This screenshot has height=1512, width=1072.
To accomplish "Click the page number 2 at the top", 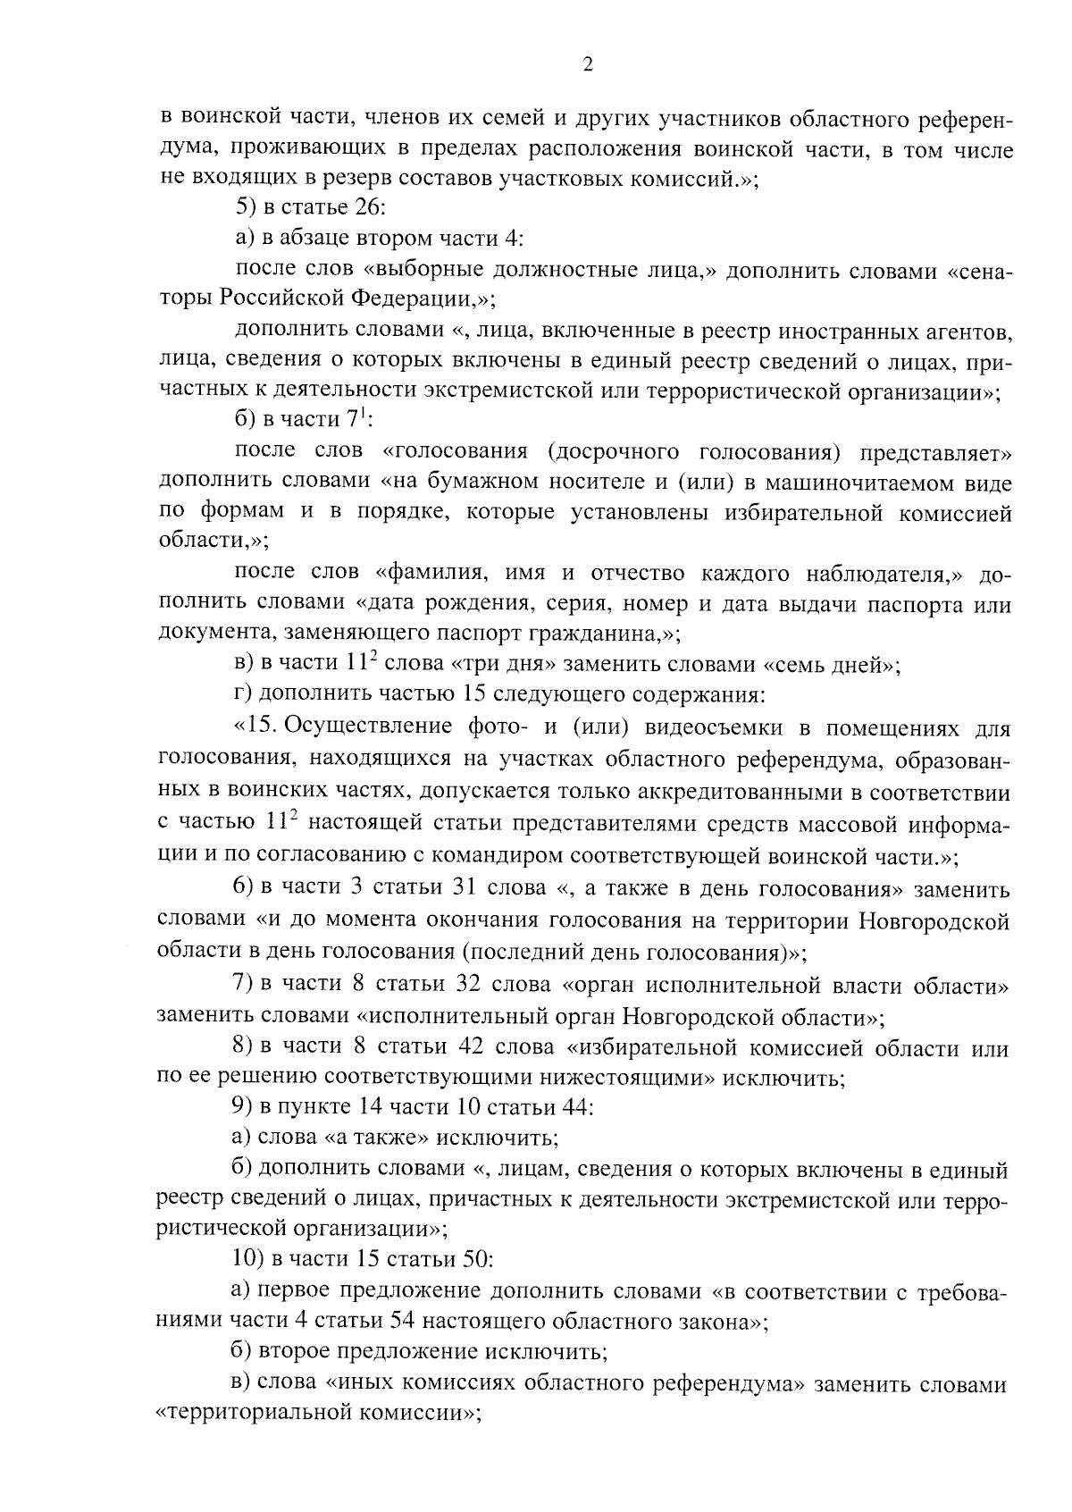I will [587, 63].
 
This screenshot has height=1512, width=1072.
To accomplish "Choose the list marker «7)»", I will [242, 985].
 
